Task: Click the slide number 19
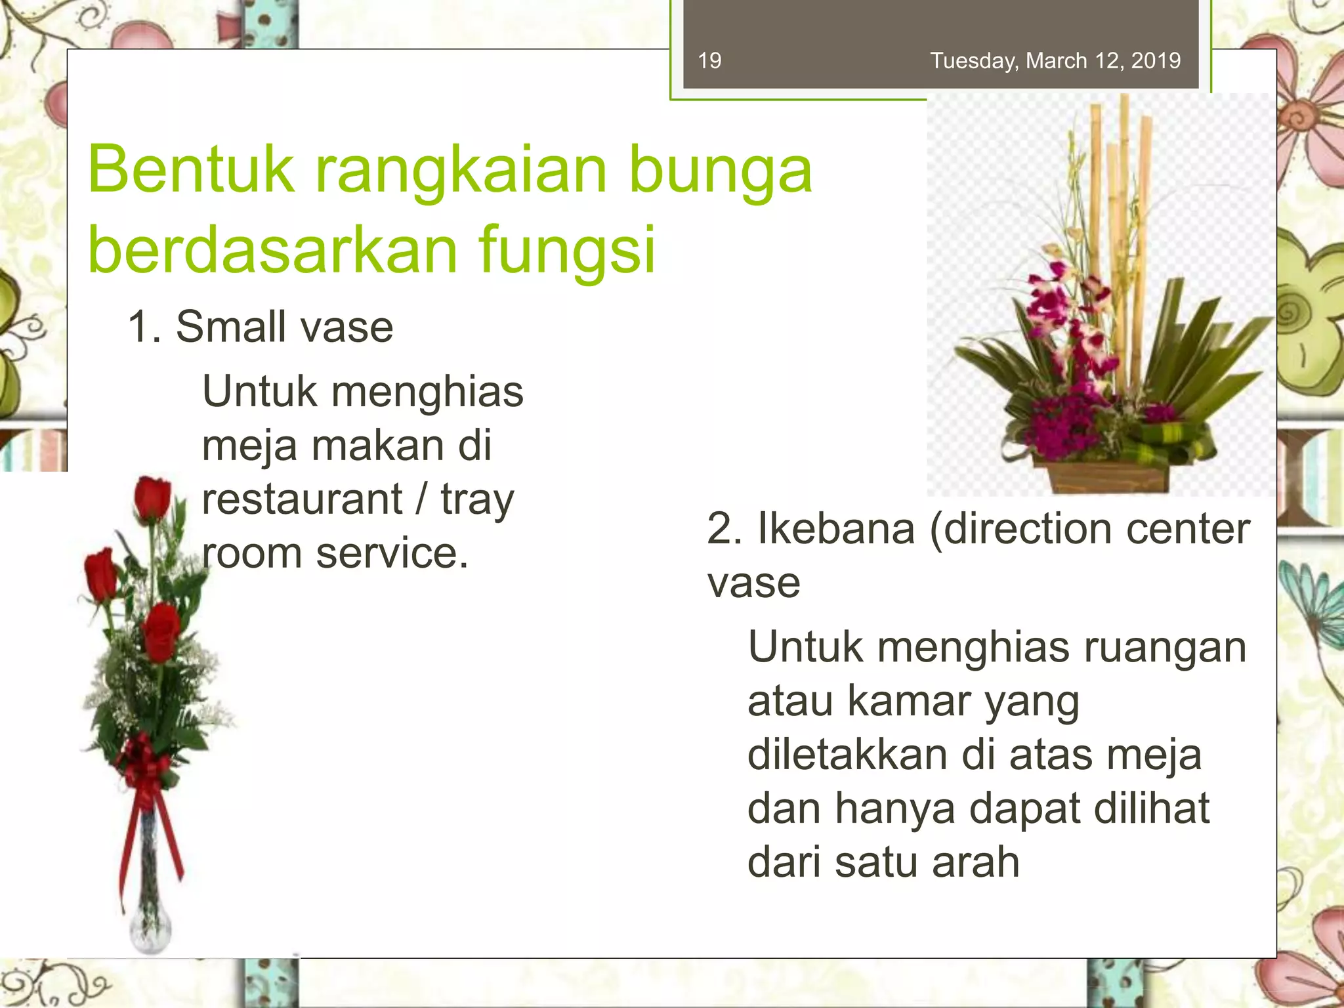[709, 61]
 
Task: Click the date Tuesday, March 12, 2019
[1055, 61]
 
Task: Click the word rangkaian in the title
[461, 170]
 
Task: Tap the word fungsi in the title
[568, 250]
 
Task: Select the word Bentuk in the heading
[191, 170]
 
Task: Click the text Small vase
[283, 327]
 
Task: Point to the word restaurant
[302, 499]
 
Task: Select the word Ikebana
[836, 529]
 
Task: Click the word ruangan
[1164, 647]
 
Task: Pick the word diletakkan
[847, 755]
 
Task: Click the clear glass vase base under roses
[150, 925]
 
